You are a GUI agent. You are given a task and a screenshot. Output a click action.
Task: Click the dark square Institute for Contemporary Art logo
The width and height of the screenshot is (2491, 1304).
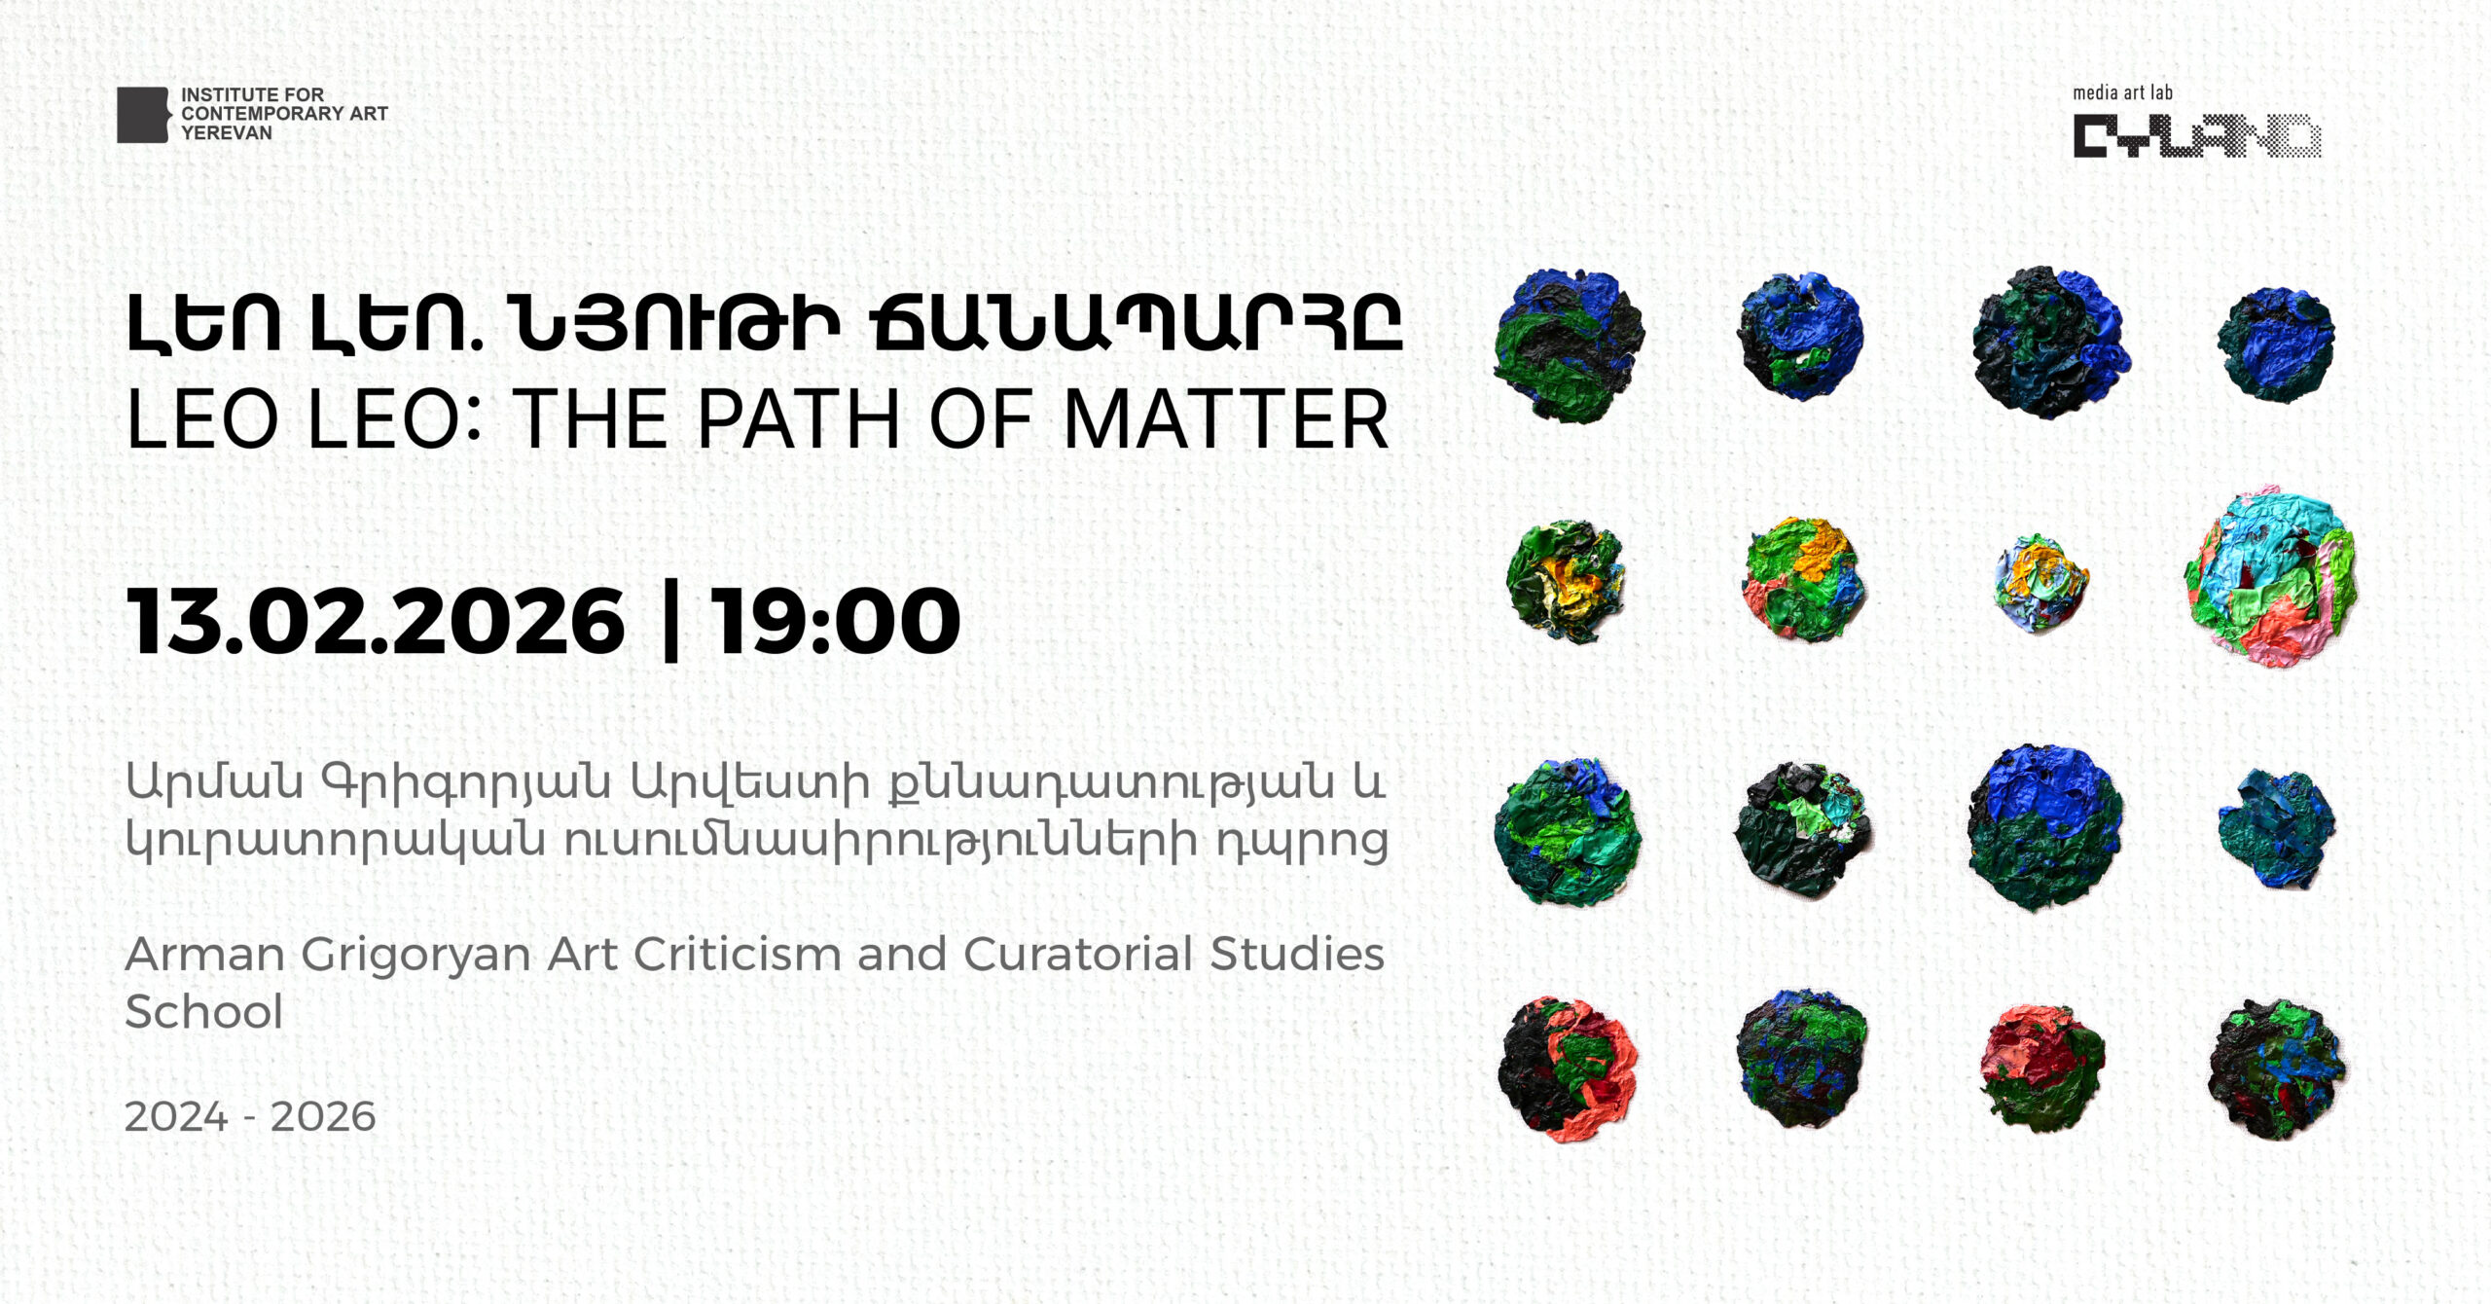click(x=143, y=115)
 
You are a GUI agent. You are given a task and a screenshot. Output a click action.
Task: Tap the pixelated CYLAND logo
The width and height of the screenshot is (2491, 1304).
click(x=2197, y=136)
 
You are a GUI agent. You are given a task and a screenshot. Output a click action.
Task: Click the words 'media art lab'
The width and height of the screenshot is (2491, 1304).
click(x=2122, y=92)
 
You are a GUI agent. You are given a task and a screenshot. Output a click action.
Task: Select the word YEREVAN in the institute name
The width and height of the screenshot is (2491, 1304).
click(x=227, y=133)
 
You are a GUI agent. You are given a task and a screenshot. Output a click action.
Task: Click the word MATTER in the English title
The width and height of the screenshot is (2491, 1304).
click(x=1226, y=419)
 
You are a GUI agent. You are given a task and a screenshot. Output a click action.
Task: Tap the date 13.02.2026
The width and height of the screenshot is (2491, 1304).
click(x=376, y=621)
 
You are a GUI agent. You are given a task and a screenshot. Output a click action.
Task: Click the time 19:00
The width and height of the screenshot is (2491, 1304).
click(x=836, y=621)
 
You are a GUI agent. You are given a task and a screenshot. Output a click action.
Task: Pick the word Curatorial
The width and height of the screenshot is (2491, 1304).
click(x=1078, y=954)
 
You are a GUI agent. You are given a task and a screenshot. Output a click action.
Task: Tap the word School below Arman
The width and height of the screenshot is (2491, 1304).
click(x=204, y=1012)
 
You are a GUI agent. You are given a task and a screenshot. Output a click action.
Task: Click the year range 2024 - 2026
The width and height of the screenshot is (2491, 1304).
click(x=250, y=1116)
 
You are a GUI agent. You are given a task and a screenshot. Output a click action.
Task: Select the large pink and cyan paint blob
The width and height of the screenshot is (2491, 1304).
click(x=2271, y=577)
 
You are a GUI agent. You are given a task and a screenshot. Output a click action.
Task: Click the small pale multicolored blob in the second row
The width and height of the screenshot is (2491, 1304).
click(x=2040, y=583)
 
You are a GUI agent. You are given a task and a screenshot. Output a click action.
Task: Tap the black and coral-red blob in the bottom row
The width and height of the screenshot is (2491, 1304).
click(x=1568, y=1069)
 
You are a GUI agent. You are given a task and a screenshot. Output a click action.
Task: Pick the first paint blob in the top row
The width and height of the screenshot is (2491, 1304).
click(x=1569, y=345)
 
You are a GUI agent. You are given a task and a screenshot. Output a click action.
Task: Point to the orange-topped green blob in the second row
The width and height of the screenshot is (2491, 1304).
click(x=1803, y=579)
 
